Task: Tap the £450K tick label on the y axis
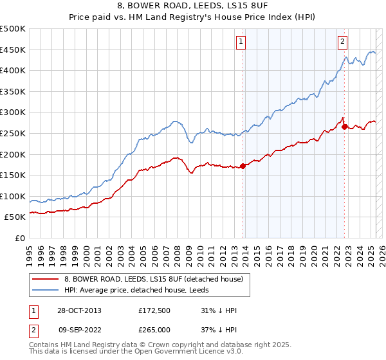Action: coord(13,50)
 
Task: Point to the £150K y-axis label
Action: coord(13,175)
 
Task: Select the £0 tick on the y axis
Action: coord(20,238)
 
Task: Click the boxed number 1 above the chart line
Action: coord(241,42)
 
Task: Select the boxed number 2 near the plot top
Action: coord(342,42)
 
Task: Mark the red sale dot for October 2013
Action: coord(243,166)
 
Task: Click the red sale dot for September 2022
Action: coord(344,127)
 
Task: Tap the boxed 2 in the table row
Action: coord(33,330)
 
